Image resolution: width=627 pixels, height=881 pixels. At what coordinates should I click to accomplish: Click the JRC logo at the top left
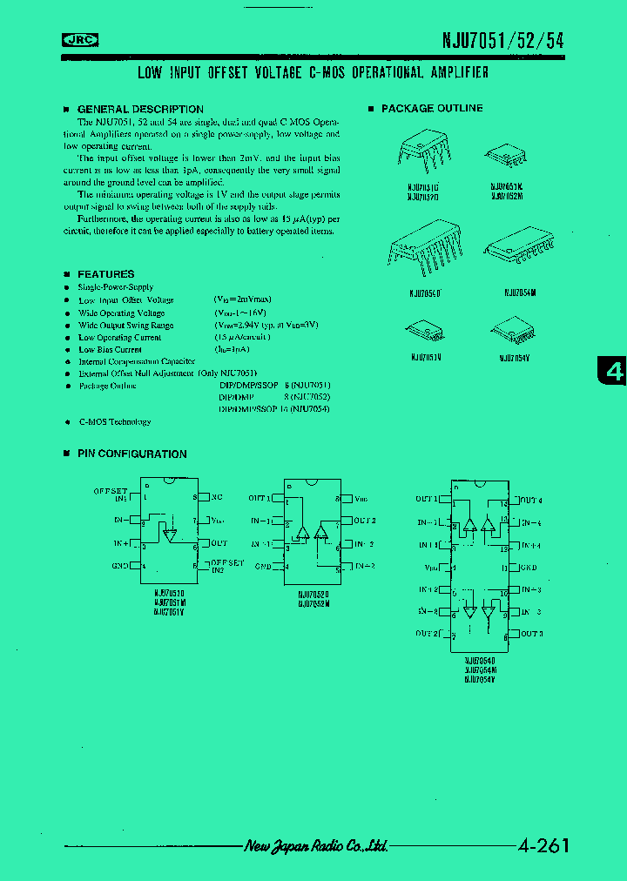click(x=80, y=38)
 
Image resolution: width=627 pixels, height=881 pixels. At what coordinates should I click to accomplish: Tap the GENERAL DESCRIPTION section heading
click(x=128, y=109)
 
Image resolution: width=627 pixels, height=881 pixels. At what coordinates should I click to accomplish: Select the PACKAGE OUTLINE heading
click(x=431, y=109)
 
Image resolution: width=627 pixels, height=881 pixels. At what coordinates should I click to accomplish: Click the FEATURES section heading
click(x=105, y=274)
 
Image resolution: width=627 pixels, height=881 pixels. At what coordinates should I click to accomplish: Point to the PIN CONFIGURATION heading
click(x=131, y=454)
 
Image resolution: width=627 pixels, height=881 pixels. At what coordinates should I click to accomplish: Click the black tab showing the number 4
click(x=614, y=372)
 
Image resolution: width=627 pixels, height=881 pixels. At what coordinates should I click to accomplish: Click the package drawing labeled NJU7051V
click(x=426, y=330)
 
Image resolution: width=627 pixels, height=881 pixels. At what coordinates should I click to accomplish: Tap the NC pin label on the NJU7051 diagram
click(x=216, y=497)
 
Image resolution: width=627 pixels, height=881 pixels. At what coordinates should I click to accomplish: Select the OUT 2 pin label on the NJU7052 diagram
click(x=364, y=521)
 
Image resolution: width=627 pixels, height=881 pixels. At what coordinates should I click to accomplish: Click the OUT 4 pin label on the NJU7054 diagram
click(x=530, y=501)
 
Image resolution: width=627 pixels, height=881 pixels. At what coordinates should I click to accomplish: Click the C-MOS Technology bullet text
click(x=114, y=422)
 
